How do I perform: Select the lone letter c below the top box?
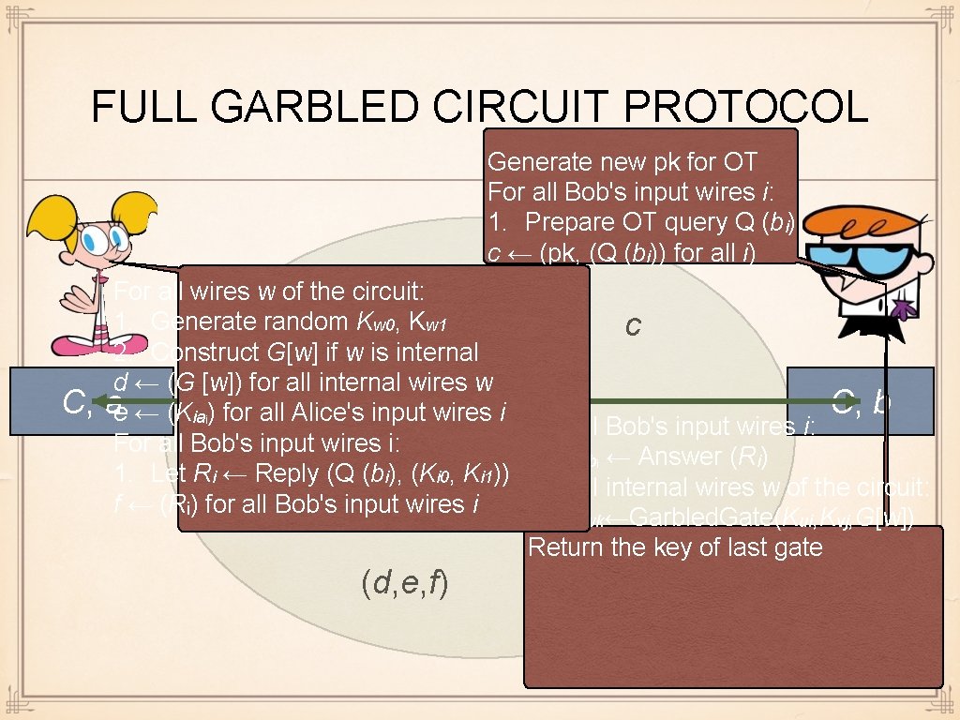click(x=634, y=325)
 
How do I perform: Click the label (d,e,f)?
click(x=404, y=583)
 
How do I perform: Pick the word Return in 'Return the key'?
click(x=562, y=547)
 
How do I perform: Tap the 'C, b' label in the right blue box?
click(x=861, y=401)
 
